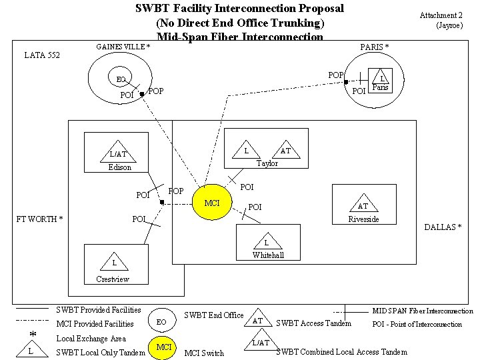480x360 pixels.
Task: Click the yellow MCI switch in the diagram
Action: tap(212, 203)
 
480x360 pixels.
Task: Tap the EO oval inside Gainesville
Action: tap(120, 79)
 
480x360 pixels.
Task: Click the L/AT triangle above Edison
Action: tap(118, 155)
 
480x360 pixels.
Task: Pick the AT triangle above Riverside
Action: tap(363, 206)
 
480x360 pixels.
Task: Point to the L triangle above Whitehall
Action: tap(267, 243)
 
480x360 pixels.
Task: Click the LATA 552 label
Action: tap(42, 55)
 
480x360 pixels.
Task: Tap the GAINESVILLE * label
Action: tap(123, 47)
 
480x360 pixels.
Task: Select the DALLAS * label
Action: tap(443, 227)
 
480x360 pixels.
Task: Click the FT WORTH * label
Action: tap(39, 219)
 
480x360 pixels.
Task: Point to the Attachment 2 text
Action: tap(441, 15)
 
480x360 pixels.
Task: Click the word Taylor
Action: tap(267, 163)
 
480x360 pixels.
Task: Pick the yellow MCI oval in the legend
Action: tap(164, 347)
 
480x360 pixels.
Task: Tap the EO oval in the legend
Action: tap(161, 322)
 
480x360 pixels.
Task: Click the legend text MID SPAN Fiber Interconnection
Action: tap(422, 311)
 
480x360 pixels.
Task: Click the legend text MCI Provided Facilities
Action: tap(95, 324)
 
